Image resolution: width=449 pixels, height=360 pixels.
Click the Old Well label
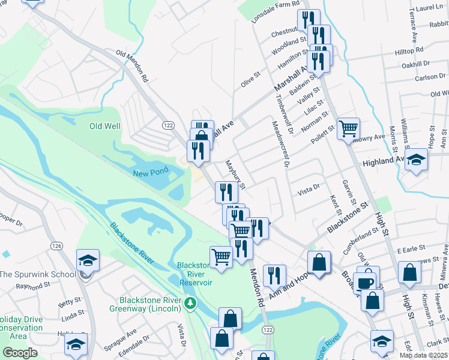point(105,126)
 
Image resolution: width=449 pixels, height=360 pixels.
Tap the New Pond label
point(151,173)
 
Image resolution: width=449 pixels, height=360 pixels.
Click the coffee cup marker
point(364,283)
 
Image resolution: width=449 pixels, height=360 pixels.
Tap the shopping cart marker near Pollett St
point(348,128)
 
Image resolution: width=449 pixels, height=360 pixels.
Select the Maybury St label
point(235,174)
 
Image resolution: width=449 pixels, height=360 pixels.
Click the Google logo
point(20,353)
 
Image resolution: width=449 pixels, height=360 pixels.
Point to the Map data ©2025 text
point(424,355)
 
